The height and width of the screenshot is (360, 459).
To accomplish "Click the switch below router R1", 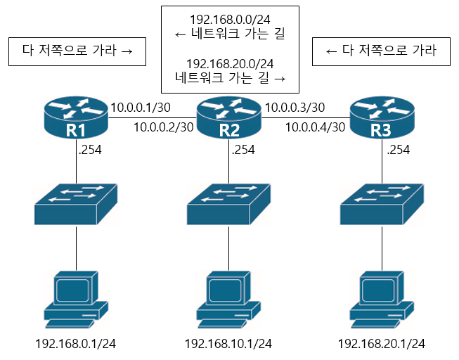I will [x=77, y=204].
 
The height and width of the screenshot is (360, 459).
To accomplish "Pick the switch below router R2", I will [x=229, y=204].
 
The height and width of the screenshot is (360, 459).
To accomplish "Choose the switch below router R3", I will [x=382, y=204].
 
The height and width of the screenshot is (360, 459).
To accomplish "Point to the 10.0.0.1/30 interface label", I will [x=141, y=108].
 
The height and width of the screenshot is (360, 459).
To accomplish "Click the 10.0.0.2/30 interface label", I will [x=163, y=127].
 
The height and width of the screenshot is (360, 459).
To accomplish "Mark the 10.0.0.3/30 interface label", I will [x=295, y=108].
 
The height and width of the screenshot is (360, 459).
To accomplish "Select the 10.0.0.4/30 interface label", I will [x=315, y=127].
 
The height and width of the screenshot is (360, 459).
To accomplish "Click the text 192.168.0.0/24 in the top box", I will [x=229, y=20].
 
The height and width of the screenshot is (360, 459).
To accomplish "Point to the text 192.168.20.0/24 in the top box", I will [x=229, y=64].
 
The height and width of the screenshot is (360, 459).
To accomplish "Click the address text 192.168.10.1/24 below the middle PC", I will [x=228, y=344].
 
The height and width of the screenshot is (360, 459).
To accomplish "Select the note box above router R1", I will [x=77, y=51].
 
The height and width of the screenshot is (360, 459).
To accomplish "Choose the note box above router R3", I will [x=382, y=51].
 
